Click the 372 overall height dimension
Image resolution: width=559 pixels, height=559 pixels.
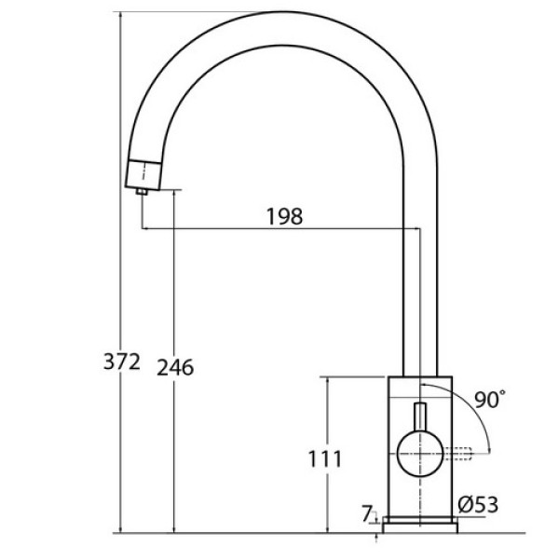[x=121, y=361]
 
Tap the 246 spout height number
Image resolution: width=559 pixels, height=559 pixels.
[x=175, y=367]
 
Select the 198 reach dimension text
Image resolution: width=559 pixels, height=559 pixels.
[x=285, y=216]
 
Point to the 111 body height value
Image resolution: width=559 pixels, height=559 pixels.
[x=324, y=458]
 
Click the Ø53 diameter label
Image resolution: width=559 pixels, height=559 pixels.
[x=478, y=504]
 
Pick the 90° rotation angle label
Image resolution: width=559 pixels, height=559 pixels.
[x=490, y=399]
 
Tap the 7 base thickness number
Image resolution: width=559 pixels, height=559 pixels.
[x=367, y=513]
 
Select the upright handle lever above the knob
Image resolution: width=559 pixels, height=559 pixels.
[x=420, y=417]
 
